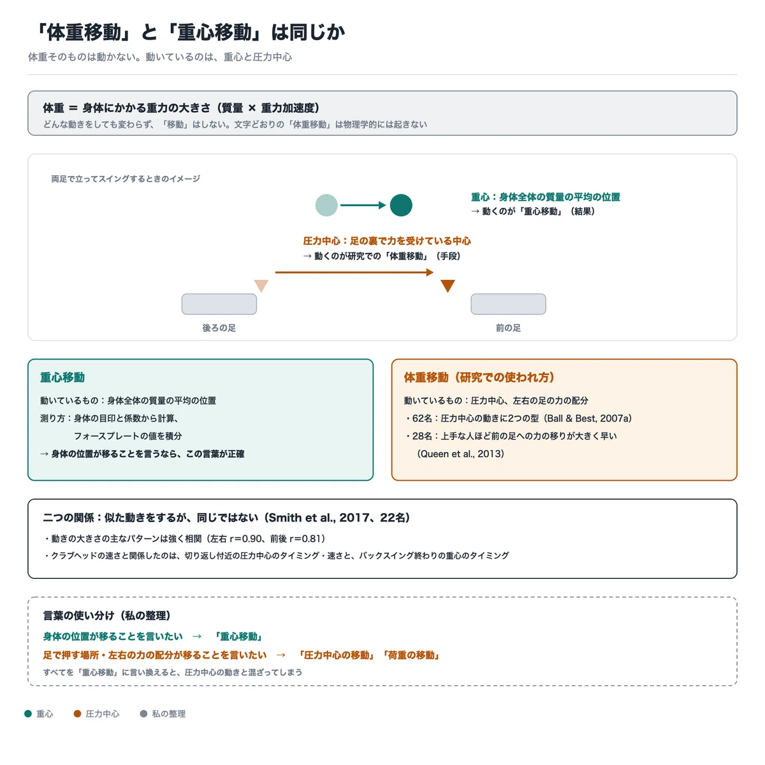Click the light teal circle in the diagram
click(326, 205)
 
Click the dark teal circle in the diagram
click(401, 205)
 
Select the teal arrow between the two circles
click(363, 205)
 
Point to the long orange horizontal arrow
click(354, 272)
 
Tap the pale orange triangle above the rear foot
click(261, 284)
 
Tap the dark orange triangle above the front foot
click(448, 284)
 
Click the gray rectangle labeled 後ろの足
click(219, 304)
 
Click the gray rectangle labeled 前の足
click(508, 304)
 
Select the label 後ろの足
click(219, 328)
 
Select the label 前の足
click(508, 328)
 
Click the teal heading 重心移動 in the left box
click(62, 377)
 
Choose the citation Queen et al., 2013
click(460, 454)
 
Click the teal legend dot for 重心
click(28, 714)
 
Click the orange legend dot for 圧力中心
click(77, 714)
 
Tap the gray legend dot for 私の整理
click(143, 714)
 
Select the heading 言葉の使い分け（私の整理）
click(107, 616)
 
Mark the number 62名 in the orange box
click(423, 418)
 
